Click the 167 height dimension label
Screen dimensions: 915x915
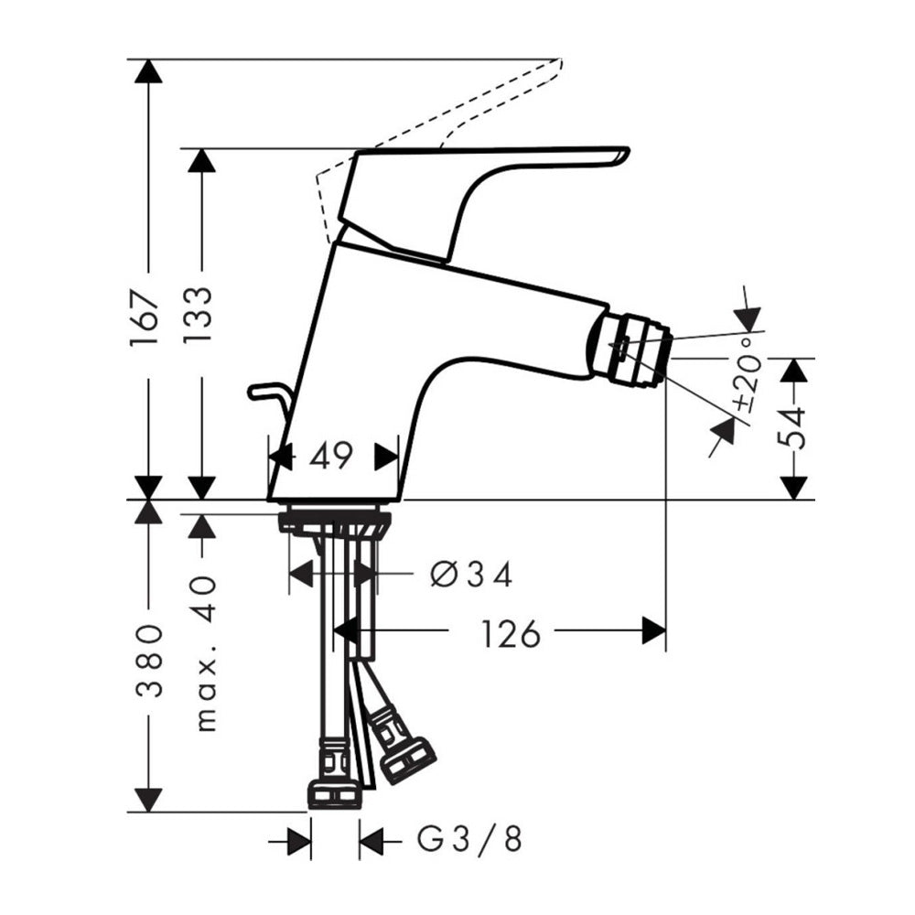[145, 318]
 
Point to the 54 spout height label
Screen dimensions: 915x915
[793, 428]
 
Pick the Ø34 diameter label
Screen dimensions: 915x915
[471, 575]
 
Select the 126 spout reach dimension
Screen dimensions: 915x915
[511, 634]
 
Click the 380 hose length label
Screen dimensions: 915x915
[149, 661]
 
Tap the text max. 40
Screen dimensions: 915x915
[205, 653]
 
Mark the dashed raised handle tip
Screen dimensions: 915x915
[558, 63]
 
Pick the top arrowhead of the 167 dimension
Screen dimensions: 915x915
[149, 71]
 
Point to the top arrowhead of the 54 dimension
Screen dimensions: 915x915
[793, 371]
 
